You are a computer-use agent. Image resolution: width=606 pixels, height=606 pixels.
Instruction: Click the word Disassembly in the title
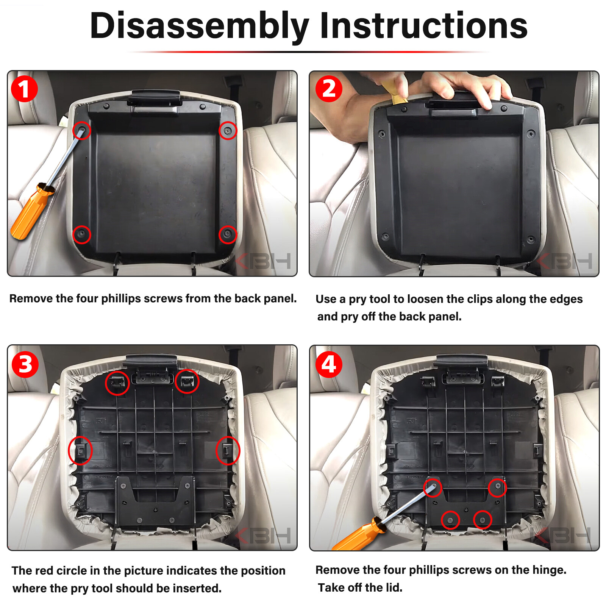(x=200, y=26)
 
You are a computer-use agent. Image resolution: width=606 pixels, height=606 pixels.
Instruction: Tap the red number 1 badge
(x=24, y=89)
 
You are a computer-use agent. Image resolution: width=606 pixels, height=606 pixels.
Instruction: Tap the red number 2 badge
(x=329, y=89)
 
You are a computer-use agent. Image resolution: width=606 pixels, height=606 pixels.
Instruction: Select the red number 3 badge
(x=25, y=364)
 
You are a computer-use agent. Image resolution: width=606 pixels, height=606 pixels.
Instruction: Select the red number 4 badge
(x=329, y=364)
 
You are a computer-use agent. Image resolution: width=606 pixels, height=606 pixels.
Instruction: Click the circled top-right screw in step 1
(x=228, y=131)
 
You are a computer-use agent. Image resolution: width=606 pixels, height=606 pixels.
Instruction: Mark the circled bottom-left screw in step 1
(x=81, y=234)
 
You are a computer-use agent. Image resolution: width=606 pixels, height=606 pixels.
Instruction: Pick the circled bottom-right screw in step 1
(x=228, y=234)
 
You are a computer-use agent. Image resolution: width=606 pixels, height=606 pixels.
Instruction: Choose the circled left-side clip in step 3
(x=81, y=450)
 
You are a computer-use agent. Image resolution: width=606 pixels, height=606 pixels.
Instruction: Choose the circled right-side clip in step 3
(x=227, y=450)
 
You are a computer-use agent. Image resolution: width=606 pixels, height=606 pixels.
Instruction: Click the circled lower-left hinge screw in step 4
(x=450, y=520)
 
